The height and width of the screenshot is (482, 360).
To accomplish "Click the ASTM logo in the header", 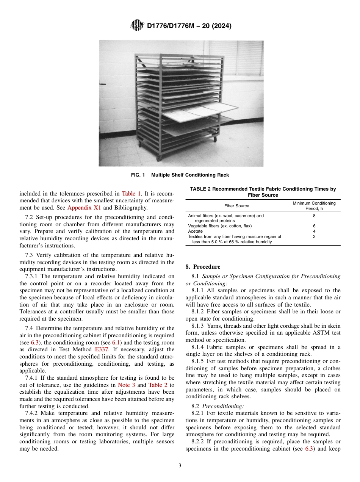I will point(137,25).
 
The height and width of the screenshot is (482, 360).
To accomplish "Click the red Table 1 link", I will point(130,193).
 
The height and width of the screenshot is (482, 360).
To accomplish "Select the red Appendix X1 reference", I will point(84,207).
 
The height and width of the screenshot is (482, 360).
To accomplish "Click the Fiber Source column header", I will point(236,206).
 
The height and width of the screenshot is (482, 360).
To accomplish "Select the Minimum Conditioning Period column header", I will point(314,206).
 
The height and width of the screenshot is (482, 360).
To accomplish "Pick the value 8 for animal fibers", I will point(314,216).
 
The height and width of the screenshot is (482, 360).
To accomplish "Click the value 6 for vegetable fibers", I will point(314,226).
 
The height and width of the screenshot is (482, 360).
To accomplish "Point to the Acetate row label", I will point(196,231).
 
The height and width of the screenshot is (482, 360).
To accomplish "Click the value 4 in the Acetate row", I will point(314,231).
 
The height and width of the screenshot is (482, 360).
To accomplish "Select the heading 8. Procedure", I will point(203,267).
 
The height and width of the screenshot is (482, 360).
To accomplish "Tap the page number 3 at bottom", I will point(180,466).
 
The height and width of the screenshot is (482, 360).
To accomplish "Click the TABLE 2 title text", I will point(263,192).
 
